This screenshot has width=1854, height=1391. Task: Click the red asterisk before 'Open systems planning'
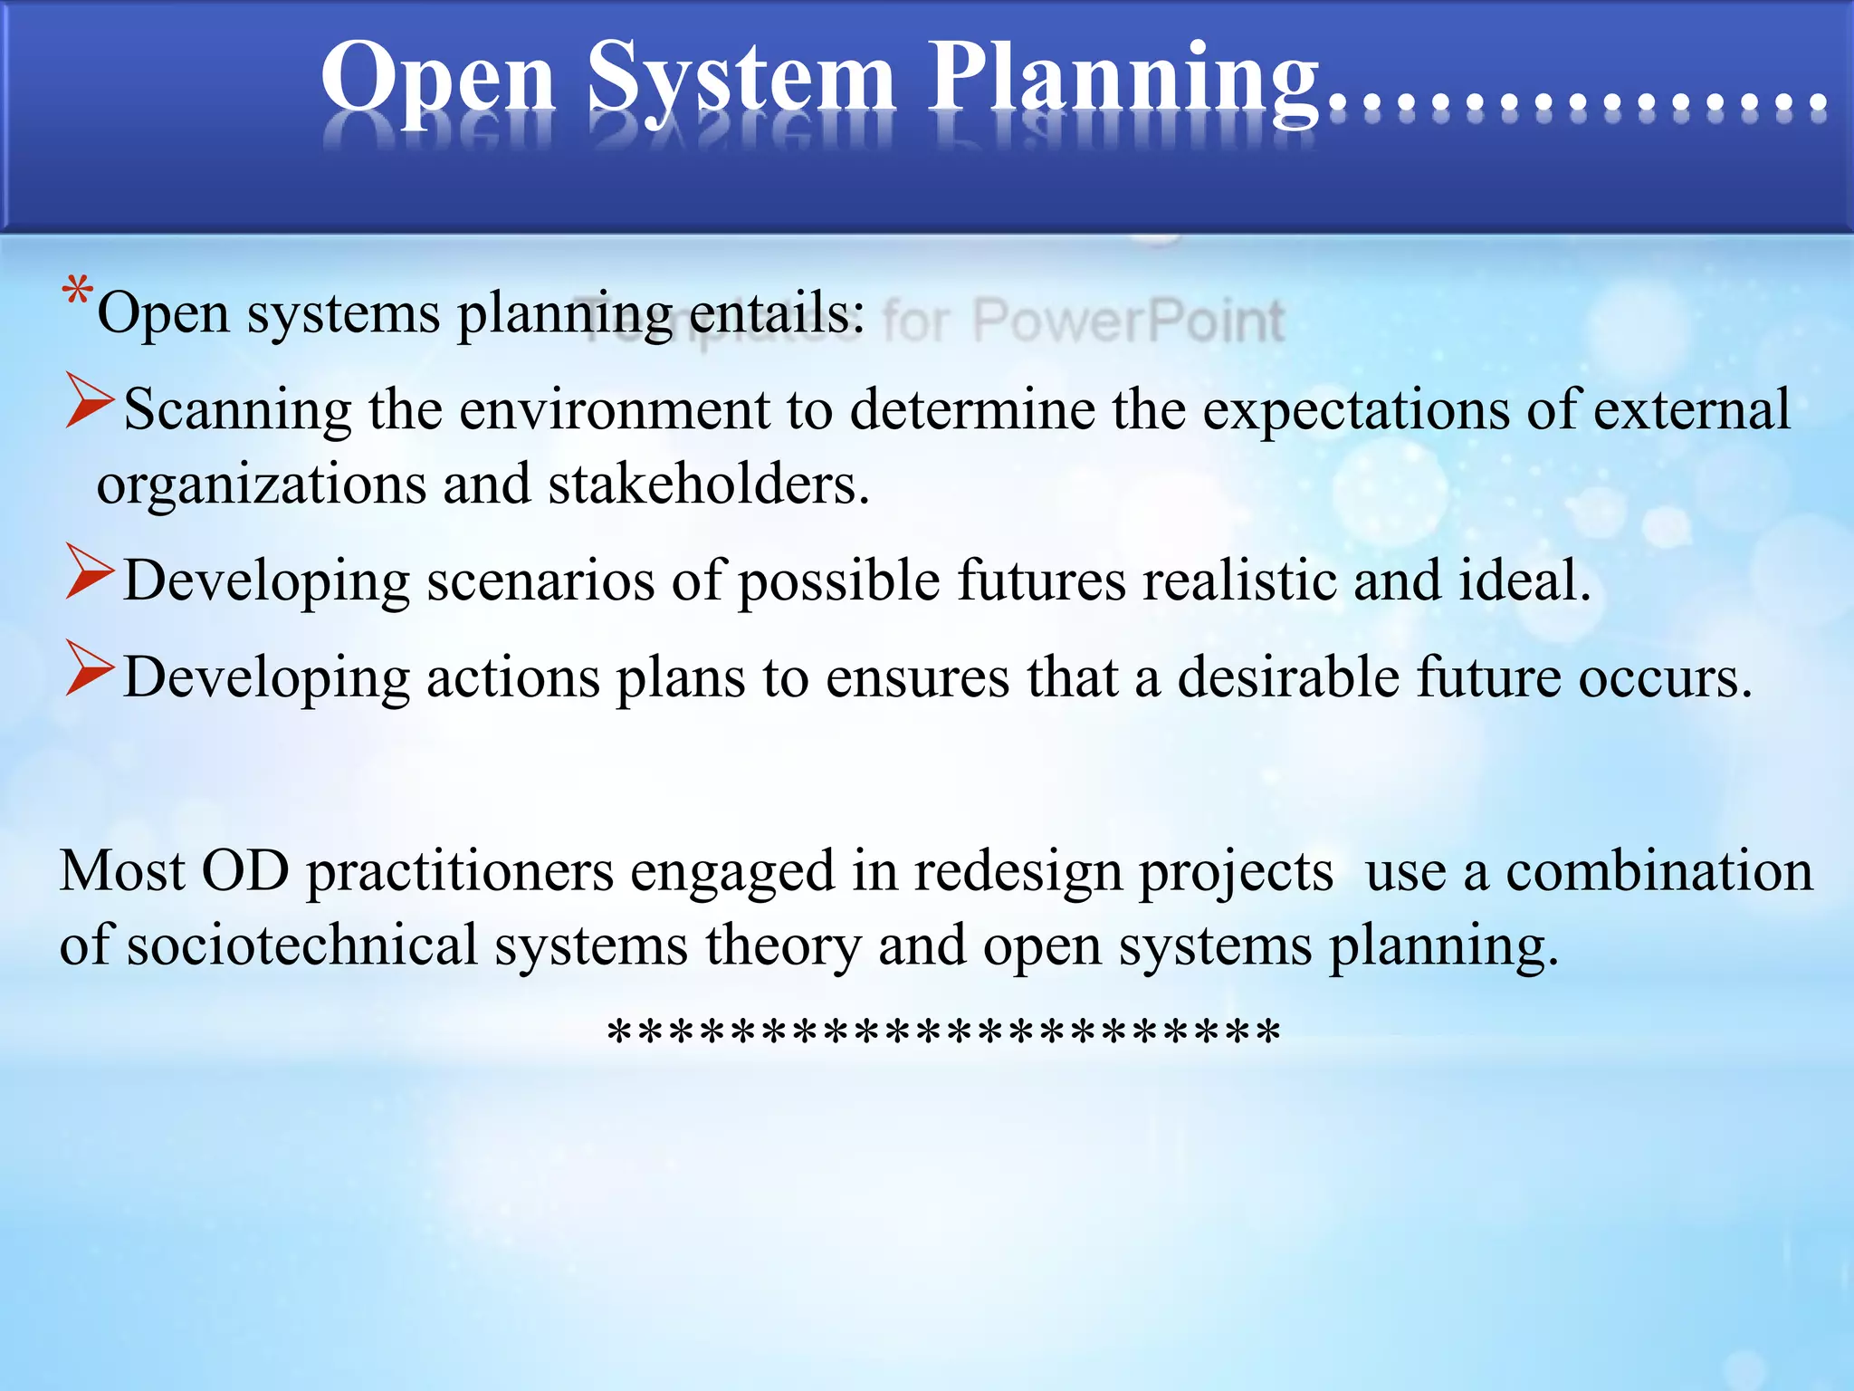[x=78, y=294]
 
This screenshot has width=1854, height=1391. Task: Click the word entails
[x=777, y=313]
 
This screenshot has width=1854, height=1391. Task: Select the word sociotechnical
[x=301, y=945]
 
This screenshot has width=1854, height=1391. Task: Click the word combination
[x=1658, y=871]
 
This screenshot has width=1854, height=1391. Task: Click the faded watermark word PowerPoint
[x=1128, y=321]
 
